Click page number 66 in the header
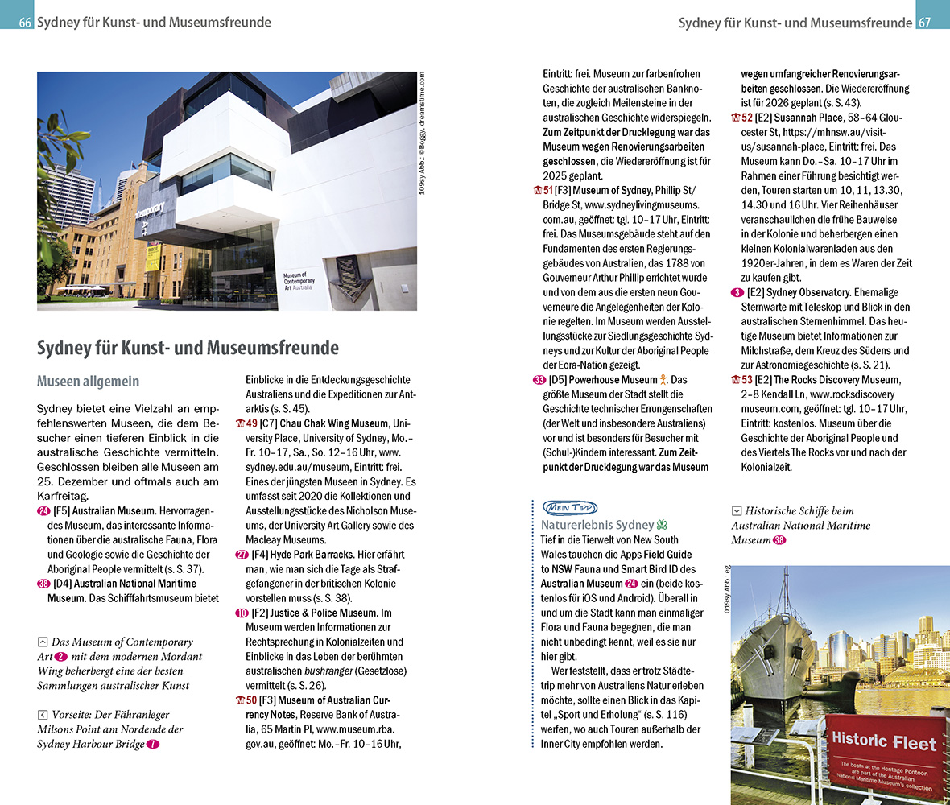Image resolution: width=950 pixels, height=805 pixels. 25,23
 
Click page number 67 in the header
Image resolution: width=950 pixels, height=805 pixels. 924,23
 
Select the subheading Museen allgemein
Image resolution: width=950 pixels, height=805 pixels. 89,382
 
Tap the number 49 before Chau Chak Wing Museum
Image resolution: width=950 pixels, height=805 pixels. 251,423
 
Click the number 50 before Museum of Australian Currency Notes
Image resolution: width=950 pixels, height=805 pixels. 251,700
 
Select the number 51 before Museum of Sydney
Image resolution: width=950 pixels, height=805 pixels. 548,191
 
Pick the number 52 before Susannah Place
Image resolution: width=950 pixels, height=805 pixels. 746,118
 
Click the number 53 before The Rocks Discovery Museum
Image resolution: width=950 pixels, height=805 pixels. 746,380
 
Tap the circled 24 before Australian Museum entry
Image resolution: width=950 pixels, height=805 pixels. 43,510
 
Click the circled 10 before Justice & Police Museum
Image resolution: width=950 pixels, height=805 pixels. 242,613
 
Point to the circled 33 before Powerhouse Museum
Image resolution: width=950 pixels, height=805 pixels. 539,380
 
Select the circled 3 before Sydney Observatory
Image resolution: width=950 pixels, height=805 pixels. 737,292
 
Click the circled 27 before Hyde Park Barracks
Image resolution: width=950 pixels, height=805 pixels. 242,555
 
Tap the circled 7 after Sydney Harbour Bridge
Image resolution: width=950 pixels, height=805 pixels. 153,745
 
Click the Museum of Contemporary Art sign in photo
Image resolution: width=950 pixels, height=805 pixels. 299,282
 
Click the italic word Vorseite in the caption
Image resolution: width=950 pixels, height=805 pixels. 75,715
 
